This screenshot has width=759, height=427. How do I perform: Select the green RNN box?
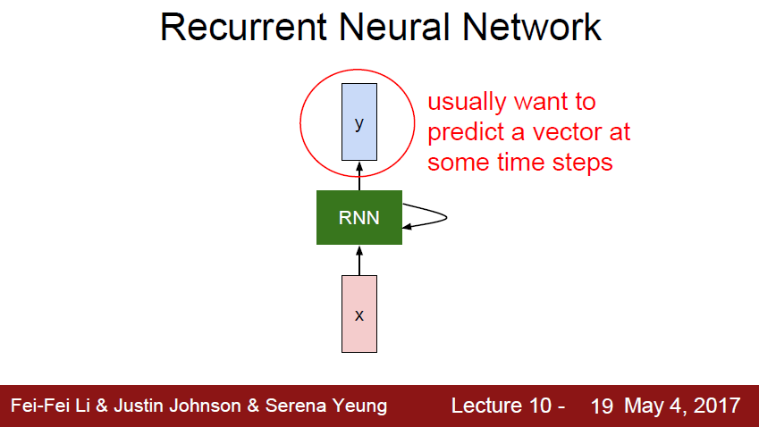click(359, 216)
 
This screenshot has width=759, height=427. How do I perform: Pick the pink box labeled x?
click(359, 314)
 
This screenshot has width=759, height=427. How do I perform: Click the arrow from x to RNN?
click(359, 260)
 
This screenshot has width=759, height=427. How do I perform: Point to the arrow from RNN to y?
click(359, 175)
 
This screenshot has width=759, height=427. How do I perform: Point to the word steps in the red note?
click(581, 163)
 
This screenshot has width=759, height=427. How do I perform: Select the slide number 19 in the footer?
click(602, 406)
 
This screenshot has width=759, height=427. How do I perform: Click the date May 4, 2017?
click(682, 406)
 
